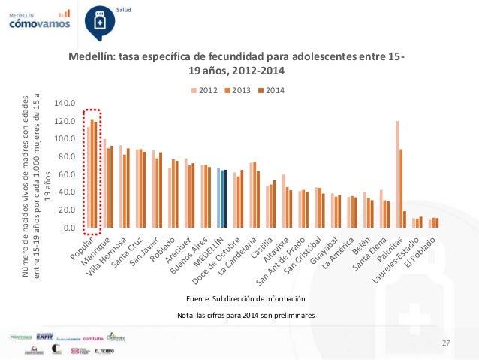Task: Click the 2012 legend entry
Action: pyautogui.click(x=203, y=90)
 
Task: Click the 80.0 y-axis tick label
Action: pyautogui.click(x=68, y=156)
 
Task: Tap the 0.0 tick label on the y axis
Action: pyautogui.click(x=70, y=228)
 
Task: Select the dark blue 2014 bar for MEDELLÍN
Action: pyautogui.click(x=226, y=198)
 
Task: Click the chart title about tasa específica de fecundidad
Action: pyautogui.click(x=237, y=64)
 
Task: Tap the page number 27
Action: pyautogui.click(x=446, y=343)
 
